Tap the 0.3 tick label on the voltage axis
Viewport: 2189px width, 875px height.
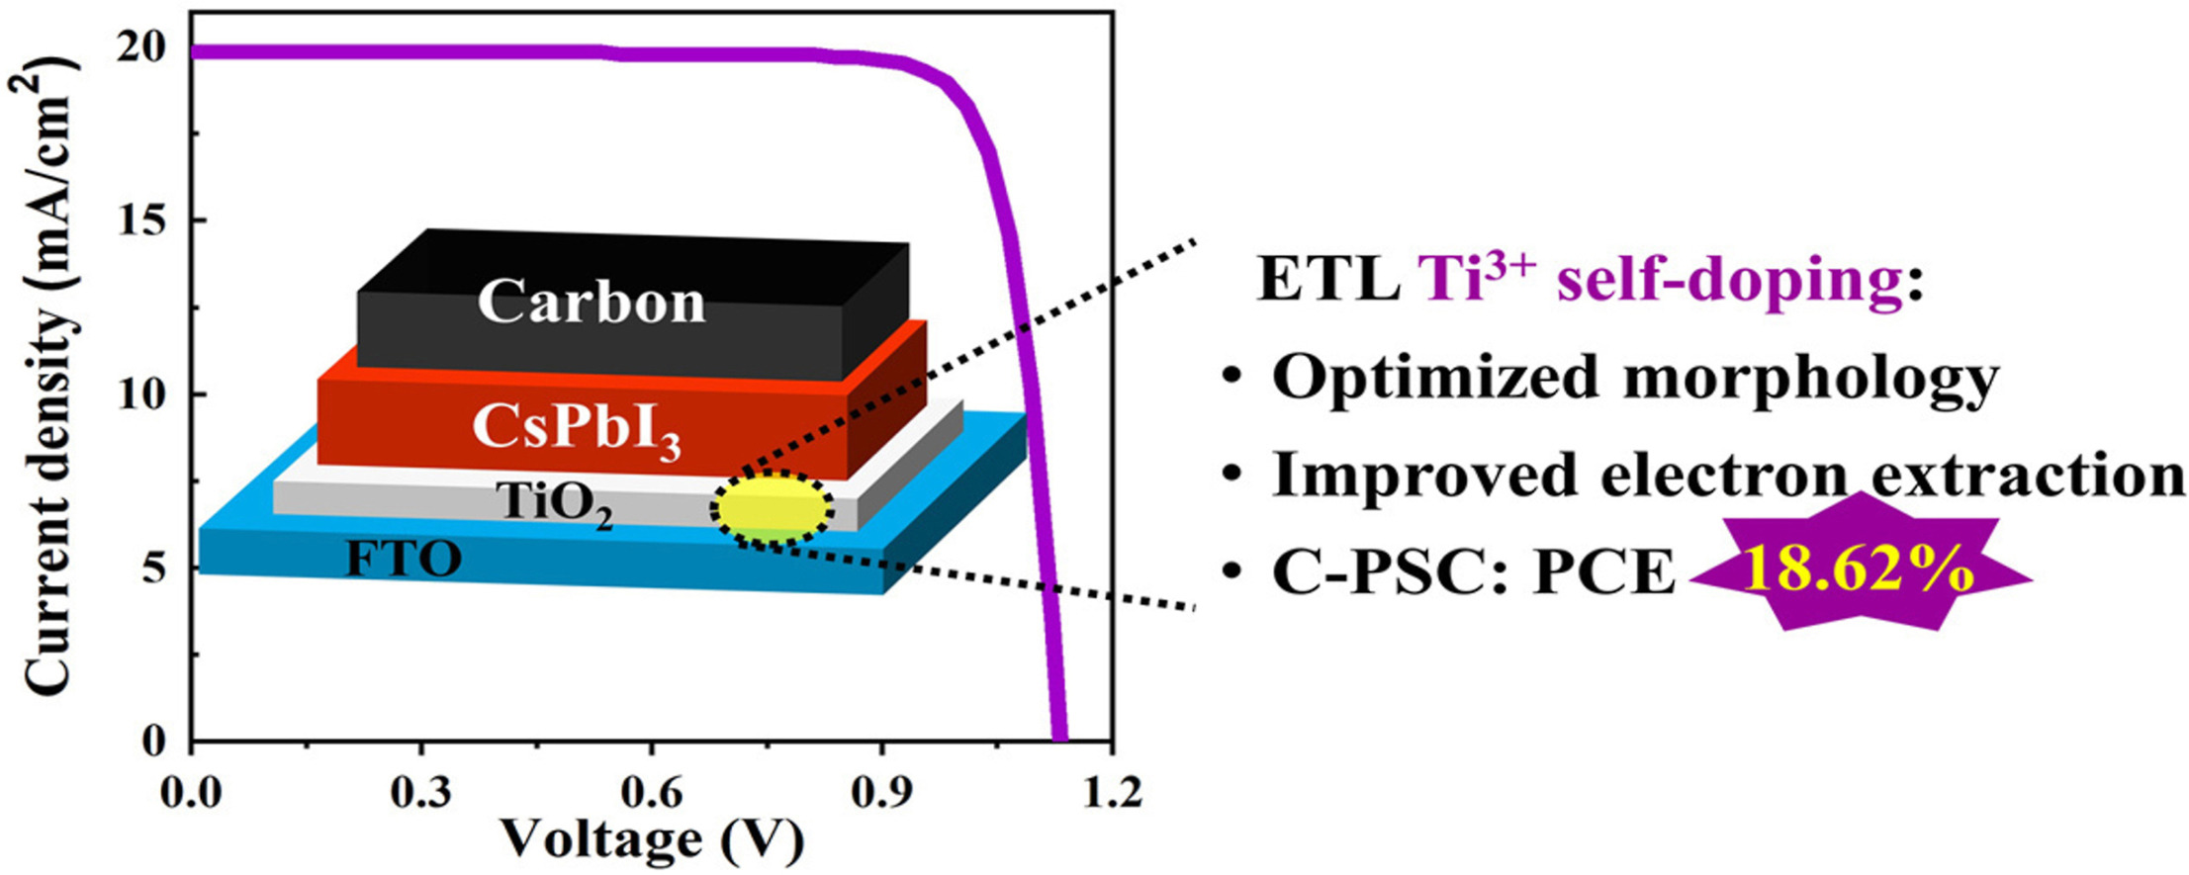coord(421,792)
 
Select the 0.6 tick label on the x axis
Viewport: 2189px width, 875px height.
coord(651,792)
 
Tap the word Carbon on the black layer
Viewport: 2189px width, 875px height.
coord(592,302)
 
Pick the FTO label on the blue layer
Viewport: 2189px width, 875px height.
coord(403,560)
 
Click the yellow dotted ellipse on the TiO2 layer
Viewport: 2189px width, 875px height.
coord(773,508)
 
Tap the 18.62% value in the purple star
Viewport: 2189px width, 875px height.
coord(1859,571)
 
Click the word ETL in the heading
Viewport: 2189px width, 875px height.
coord(1326,280)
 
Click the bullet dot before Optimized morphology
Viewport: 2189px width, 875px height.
coord(1231,379)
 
